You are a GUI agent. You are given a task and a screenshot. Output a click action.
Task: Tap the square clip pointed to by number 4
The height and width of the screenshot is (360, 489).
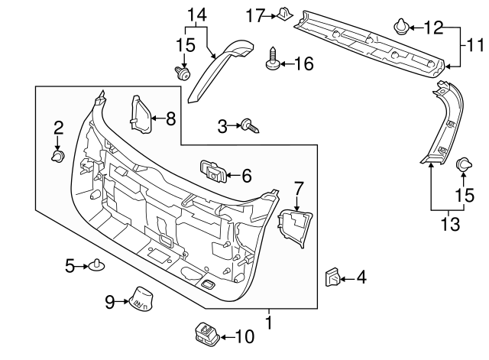334,277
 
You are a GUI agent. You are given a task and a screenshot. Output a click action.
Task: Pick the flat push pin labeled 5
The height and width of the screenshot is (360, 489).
97,266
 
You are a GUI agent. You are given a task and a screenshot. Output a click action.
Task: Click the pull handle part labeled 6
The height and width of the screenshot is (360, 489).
212,171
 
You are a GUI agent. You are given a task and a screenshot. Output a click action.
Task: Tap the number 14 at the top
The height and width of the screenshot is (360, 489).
196,15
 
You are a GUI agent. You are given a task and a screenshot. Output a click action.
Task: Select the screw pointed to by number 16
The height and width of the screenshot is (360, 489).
272,62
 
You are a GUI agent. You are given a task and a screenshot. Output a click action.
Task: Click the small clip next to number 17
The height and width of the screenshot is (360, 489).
283,13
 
